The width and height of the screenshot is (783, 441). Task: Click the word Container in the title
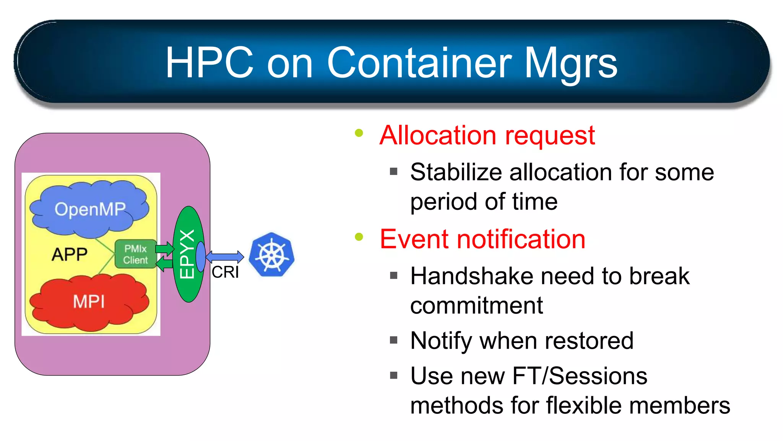pyautogui.click(x=419, y=62)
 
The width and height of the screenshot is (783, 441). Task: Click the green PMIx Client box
pyautogui.click(x=135, y=254)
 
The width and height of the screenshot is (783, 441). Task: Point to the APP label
pyautogui.click(x=70, y=255)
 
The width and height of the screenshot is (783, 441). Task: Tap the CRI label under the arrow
pyautogui.click(x=225, y=272)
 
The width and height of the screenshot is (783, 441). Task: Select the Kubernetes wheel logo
pyautogui.click(x=272, y=255)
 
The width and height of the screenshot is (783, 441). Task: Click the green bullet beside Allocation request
pyautogui.click(x=359, y=133)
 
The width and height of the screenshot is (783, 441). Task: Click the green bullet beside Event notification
pyautogui.click(x=359, y=237)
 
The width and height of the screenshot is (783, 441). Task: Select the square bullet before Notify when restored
pyautogui.click(x=394, y=340)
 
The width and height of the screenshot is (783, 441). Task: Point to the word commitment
pyautogui.click(x=476, y=305)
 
